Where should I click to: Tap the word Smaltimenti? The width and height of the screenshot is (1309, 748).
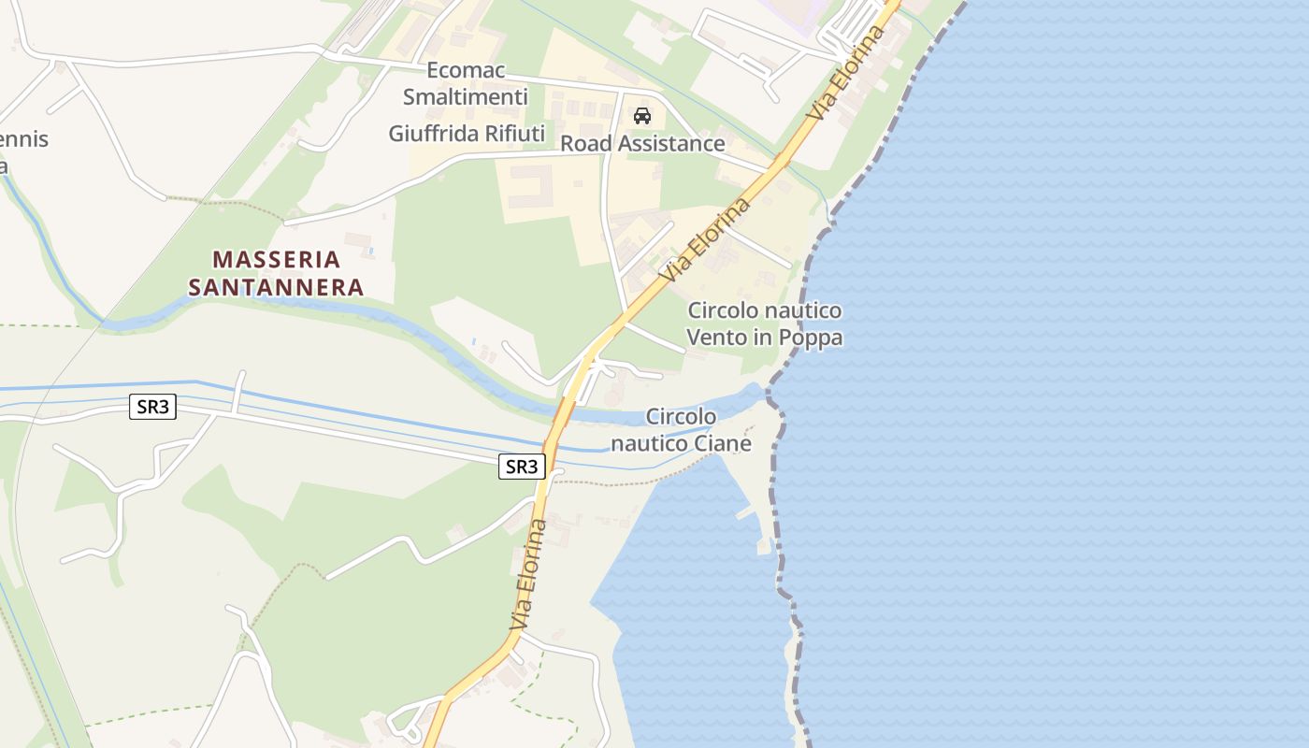coord(466,96)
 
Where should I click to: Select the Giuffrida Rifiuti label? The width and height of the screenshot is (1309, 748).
coord(467,134)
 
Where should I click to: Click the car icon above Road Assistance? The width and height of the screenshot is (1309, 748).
coord(642,116)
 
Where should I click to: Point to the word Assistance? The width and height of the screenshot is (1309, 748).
coord(670,144)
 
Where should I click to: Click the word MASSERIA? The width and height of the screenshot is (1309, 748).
coord(277,259)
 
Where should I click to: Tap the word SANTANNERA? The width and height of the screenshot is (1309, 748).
coord(276,287)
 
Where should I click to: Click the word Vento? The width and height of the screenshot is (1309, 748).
coord(719,337)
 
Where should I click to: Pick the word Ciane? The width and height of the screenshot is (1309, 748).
coord(722,443)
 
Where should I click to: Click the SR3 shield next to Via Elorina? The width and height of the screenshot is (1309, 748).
coord(522,467)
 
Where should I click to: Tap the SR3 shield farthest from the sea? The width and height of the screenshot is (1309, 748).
coord(152,407)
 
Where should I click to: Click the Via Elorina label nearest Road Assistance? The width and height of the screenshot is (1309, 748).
coord(706,239)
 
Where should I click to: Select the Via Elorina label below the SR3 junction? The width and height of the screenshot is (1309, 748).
coord(529,572)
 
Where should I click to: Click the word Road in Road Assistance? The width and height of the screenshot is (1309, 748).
coord(585,144)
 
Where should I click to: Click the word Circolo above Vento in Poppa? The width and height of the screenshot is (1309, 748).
coord(726,310)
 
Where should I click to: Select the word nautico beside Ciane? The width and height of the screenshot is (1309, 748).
coord(649,443)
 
